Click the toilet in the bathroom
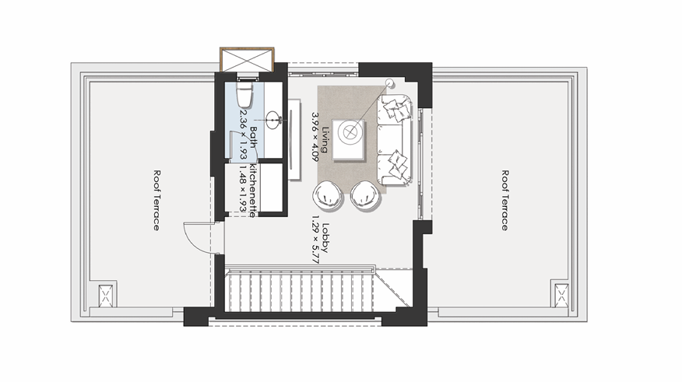[244, 96]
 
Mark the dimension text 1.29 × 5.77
[315, 239]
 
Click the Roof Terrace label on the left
[156, 201]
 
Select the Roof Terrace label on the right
[504, 201]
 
